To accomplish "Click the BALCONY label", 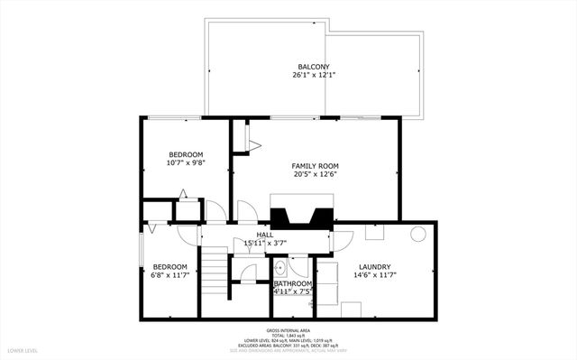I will (x=314, y=67).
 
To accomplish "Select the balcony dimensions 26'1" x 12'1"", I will (x=314, y=76).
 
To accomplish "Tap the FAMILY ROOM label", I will (x=315, y=166).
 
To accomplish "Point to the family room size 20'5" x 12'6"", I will (x=315, y=175).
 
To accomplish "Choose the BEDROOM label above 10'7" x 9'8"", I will (x=185, y=154).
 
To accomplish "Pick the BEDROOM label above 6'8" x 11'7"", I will (x=169, y=266).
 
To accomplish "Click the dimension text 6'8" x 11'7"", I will (x=169, y=275).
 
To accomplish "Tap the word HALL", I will (x=265, y=235).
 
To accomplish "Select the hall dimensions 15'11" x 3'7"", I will (x=265, y=243).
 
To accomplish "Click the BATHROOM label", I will (x=293, y=283).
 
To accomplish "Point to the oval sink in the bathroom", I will (x=279, y=267).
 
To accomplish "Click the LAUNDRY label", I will (x=374, y=266).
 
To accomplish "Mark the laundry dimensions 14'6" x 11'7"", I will (x=374, y=275).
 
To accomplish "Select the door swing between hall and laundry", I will (x=341, y=241).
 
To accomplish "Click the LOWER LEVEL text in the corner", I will (x=22, y=349).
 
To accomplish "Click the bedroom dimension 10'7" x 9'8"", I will (x=185, y=163).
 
